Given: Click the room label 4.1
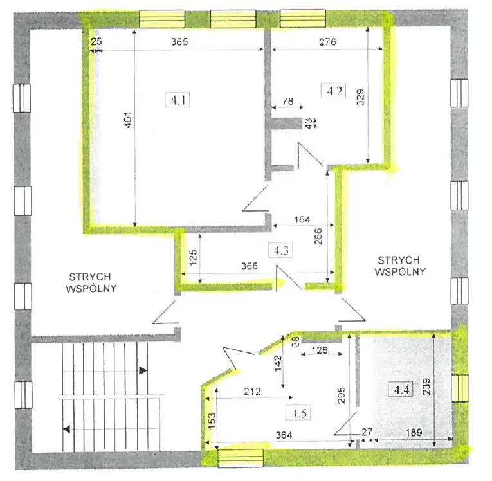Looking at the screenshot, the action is pos(178,100).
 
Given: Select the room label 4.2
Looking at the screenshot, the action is pos(334,91).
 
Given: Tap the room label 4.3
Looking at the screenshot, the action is pos(281,251).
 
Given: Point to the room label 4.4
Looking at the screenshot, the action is pos(401,390).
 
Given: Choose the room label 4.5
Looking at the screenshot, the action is pos(298,413).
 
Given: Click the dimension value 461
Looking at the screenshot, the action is pos(128,120).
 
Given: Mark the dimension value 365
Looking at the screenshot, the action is pos(179,42).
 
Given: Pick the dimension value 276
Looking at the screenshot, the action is pos(327,42).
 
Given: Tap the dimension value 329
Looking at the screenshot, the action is pos(361,97).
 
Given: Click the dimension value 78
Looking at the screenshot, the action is pos(287,101).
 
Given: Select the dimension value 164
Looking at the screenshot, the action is pos(302,219).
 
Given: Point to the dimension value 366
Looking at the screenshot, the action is pos(250,266).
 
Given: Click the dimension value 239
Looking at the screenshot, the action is pos(427,386).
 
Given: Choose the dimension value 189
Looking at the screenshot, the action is pos(414,433).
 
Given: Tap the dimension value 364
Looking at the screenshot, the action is pos(284,435).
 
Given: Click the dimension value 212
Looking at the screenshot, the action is pos(252,392).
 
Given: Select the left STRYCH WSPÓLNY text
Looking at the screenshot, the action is pos(91,282).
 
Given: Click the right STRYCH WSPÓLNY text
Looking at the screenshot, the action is pos(400,266).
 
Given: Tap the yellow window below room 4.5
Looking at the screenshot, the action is pos(241,458).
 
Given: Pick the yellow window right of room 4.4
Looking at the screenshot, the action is pos(460,388).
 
